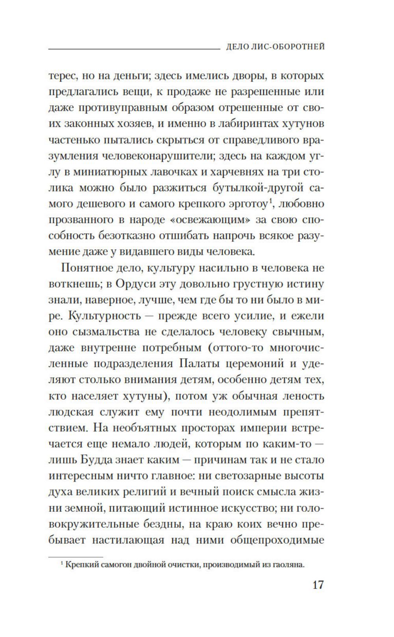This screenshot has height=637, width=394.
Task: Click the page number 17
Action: pyautogui.click(x=318, y=584)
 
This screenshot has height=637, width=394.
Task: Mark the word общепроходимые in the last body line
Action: pyautogui.click(x=277, y=540)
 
